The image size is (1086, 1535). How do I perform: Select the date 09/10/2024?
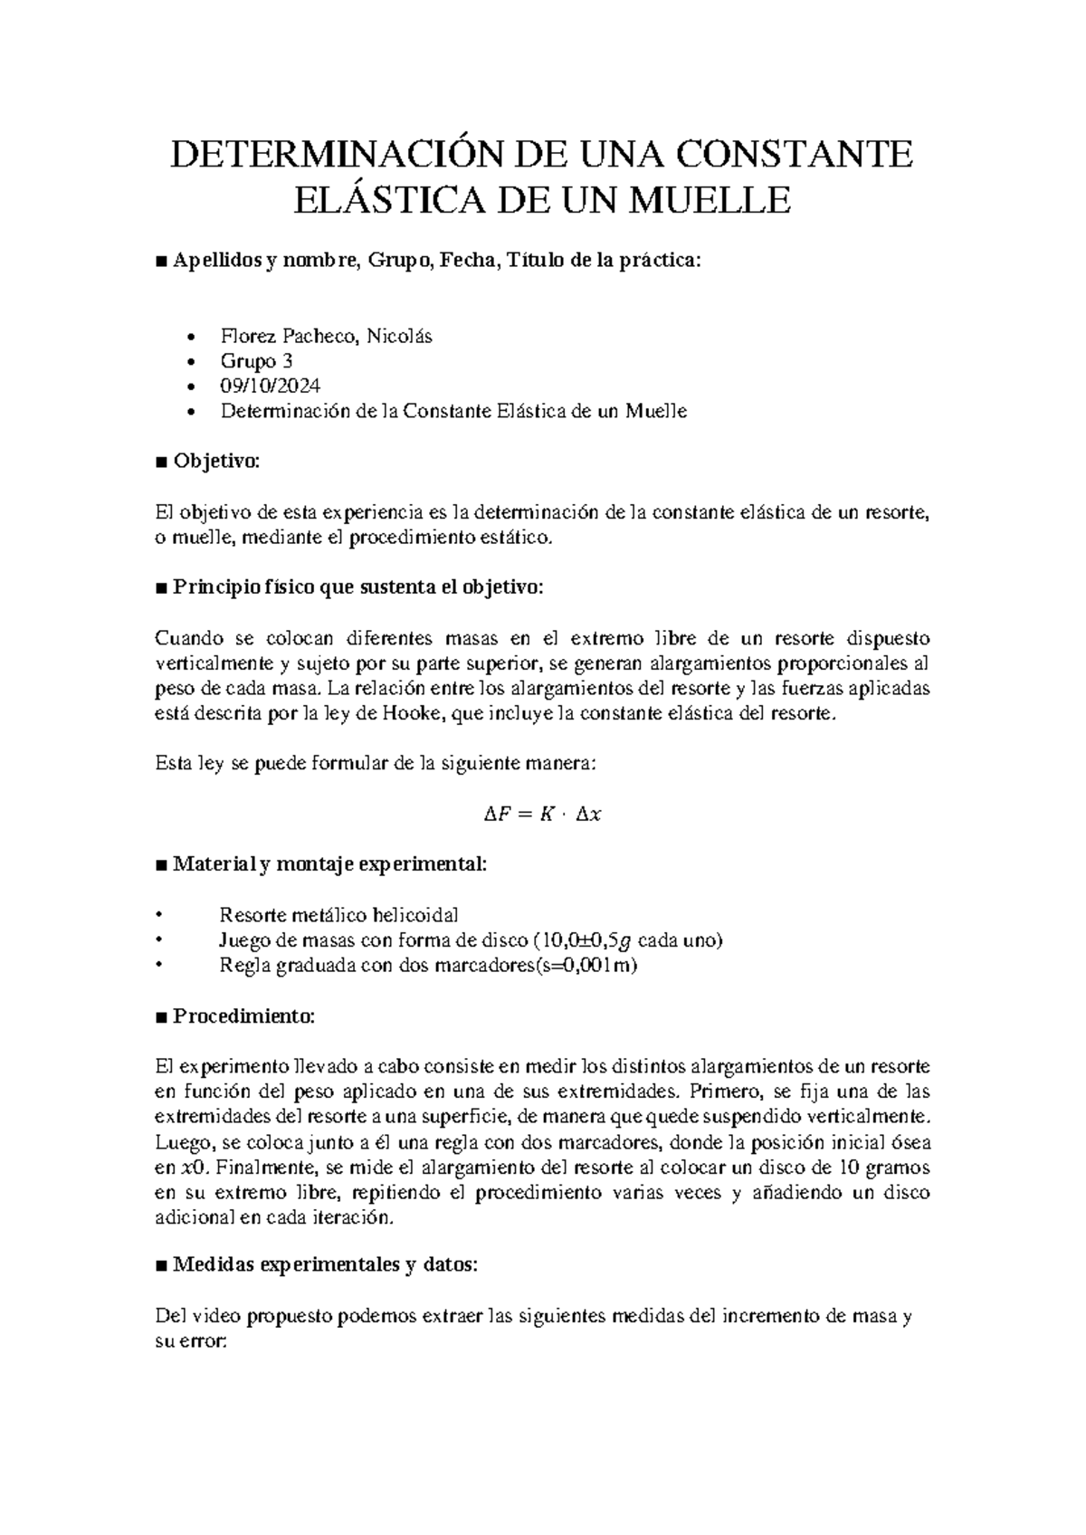(x=270, y=386)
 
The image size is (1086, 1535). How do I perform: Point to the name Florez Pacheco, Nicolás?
(x=326, y=337)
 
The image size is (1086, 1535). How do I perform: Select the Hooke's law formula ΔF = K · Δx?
(x=543, y=815)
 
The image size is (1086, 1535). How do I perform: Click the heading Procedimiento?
(x=243, y=1016)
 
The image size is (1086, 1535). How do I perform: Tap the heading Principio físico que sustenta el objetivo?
(x=358, y=587)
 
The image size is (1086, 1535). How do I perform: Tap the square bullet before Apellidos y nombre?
(x=161, y=262)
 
